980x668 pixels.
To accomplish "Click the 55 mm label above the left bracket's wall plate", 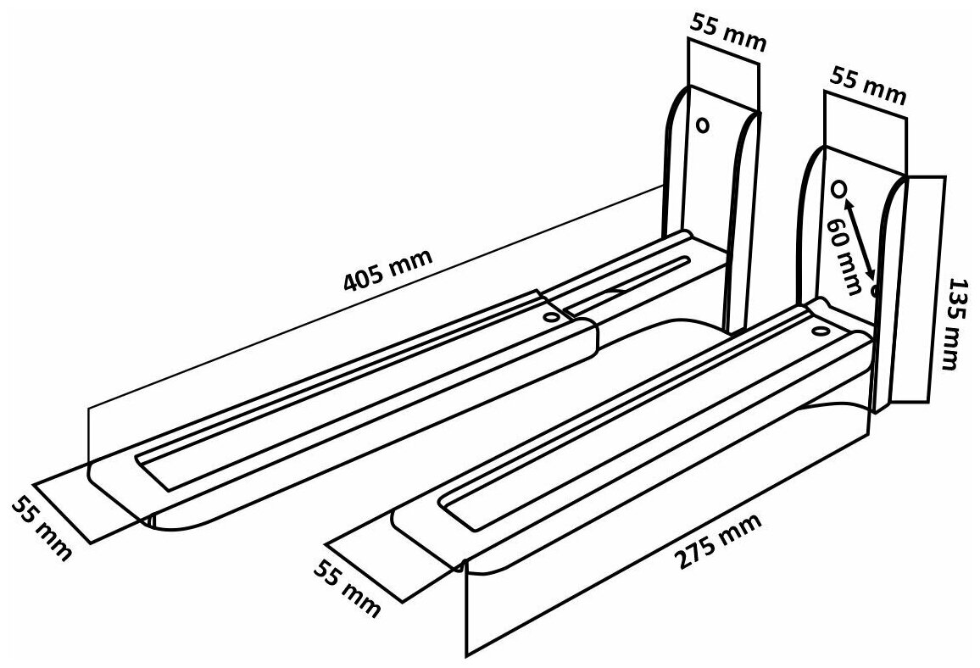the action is pos(728,35).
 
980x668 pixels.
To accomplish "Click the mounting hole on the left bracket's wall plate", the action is pos(702,125).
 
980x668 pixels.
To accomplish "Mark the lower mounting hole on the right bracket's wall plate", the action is pos(875,292).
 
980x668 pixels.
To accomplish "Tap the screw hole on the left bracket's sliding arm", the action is pos(552,316).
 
